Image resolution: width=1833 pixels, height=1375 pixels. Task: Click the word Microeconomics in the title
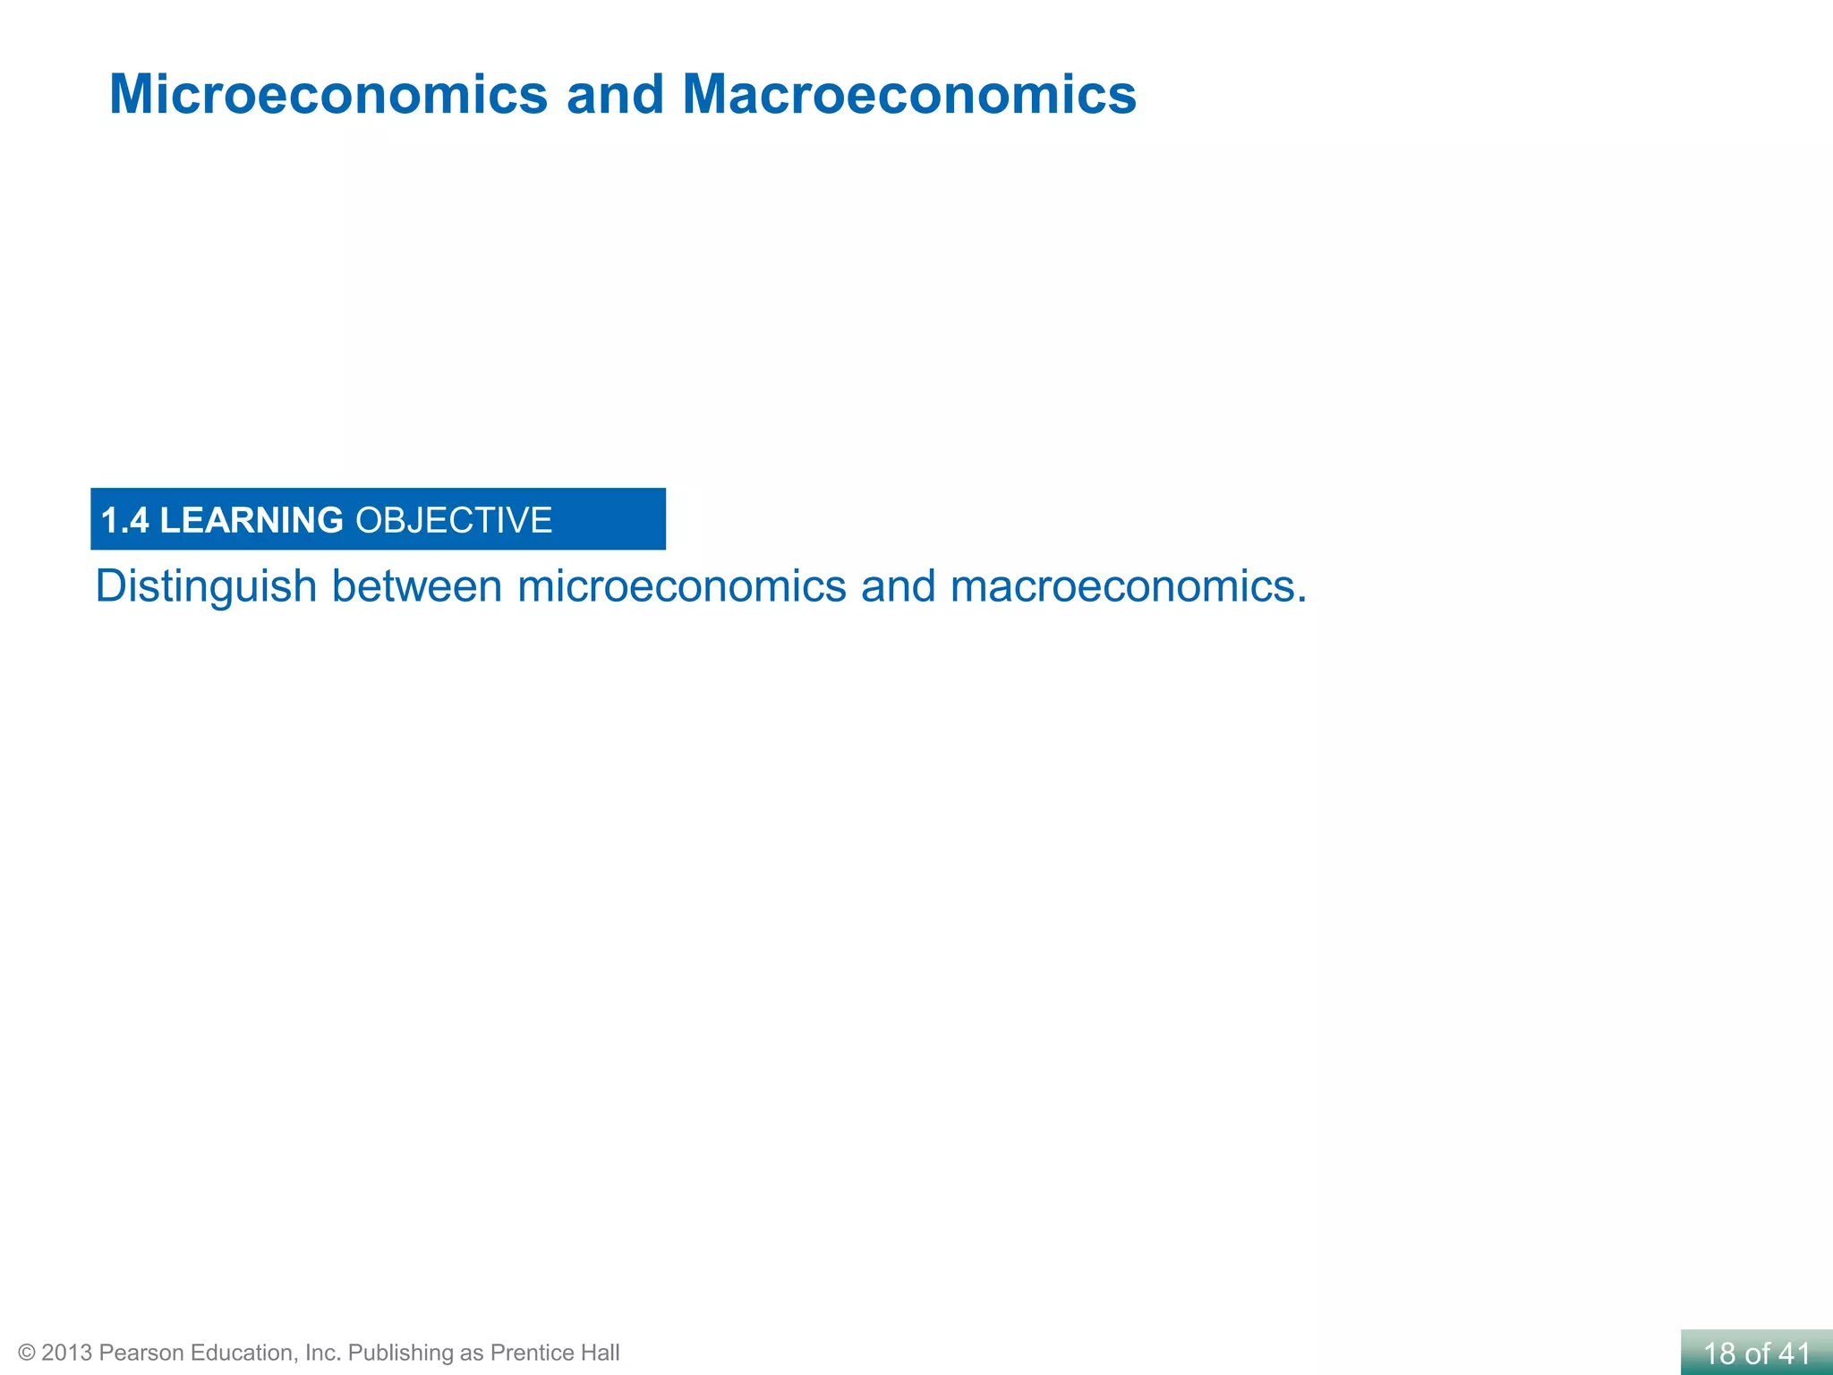[x=328, y=94]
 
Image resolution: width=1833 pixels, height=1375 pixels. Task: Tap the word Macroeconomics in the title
[x=908, y=94]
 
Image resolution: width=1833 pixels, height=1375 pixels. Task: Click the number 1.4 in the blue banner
[x=124, y=520]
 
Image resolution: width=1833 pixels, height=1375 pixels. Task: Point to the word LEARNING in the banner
[x=252, y=520]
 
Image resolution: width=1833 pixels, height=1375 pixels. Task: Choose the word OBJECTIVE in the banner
[x=454, y=520]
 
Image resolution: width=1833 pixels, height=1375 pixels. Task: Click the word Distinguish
[x=206, y=587]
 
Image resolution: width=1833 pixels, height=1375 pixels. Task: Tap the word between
[x=416, y=587]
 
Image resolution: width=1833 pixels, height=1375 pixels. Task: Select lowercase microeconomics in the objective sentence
[x=681, y=587]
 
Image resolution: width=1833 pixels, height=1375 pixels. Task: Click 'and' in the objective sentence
[x=898, y=587]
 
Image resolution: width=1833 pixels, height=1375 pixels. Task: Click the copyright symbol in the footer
[x=27, y=1353]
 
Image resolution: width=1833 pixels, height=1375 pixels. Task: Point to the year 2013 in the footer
[x=66, y=1353]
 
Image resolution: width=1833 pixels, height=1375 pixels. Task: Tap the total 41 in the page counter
[x=1795, y=1354]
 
